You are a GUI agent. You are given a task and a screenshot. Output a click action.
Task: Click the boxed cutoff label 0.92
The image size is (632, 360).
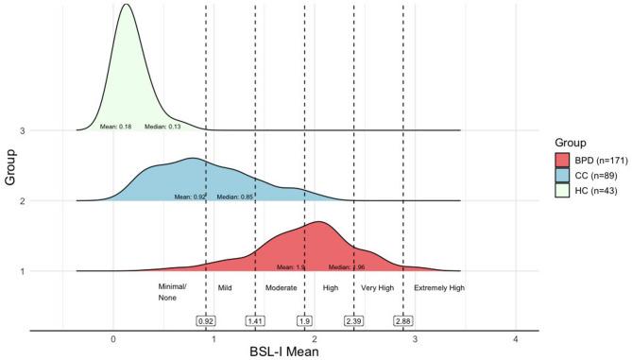(x=206, y=321)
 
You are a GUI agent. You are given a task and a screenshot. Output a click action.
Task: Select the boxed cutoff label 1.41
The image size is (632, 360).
(x=255, y=321)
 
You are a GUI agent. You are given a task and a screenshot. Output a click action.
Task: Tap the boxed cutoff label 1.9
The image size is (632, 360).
(x=304, y=321)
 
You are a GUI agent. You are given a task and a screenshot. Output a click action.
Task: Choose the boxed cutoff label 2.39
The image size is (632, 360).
(x=354, y=321)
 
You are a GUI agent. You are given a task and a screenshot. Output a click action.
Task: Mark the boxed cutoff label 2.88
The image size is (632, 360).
(x=403, y=321)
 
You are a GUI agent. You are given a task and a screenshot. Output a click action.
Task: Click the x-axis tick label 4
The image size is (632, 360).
(x=516, y=338)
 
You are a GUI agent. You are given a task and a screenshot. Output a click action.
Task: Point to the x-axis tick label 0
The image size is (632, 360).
(x=113, y=338)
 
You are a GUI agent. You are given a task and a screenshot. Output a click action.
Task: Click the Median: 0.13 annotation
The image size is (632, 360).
(x=162, y=126)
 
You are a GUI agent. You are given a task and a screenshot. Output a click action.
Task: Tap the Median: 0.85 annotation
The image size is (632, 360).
(x=235, y=197)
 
